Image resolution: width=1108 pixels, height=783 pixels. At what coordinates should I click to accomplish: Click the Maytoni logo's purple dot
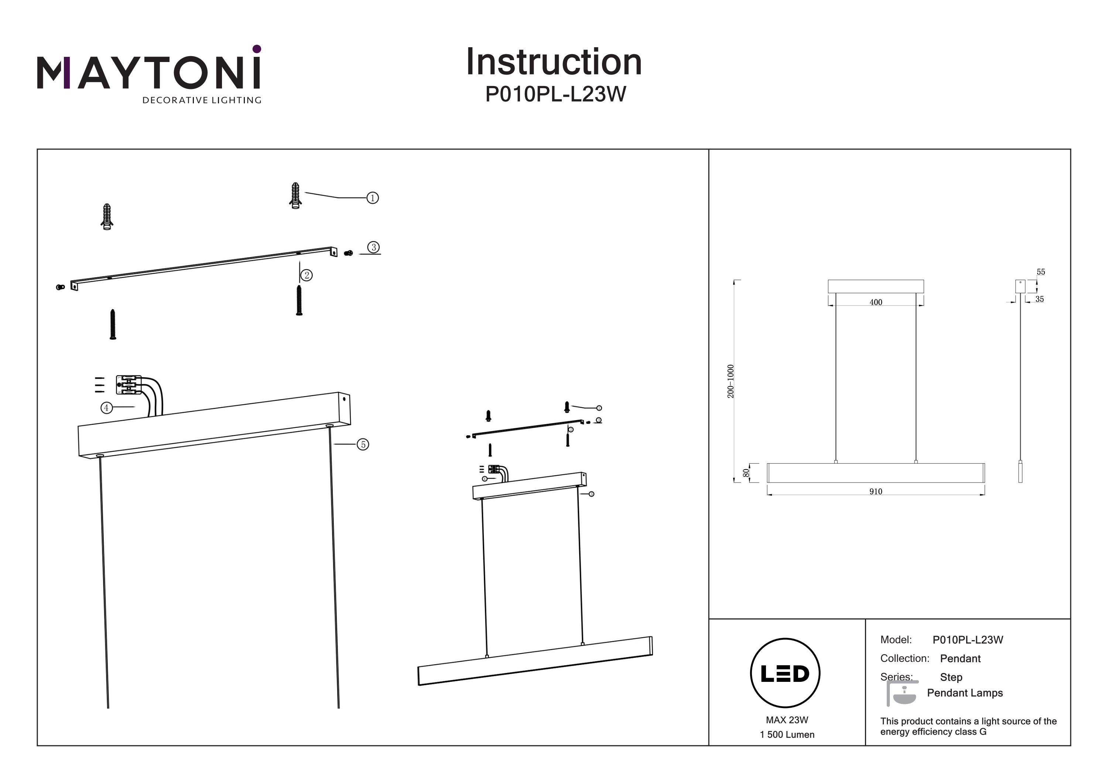[x=257, y=49]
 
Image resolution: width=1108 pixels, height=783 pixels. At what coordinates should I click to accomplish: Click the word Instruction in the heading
[x=554, y=62]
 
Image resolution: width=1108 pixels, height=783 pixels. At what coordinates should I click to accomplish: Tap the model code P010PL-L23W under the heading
[x=555, y=95]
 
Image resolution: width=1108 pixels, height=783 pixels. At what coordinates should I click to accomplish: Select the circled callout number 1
[x=373, y=198]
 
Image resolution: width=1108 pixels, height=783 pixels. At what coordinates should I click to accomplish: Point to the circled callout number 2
[x=307, y=275]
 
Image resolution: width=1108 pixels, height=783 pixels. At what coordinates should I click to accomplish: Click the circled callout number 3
[x=373, y=247]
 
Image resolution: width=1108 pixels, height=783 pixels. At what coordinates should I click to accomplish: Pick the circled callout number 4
[x=106, y=408]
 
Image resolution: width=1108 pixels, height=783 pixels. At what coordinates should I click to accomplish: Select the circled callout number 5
[x=363, y=444]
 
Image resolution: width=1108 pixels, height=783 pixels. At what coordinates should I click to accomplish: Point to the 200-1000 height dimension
[x=731, y=381]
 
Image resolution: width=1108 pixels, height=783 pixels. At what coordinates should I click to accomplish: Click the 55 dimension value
[x=1040, y=272]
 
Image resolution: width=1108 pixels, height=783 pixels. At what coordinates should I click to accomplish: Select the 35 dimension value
[x=1039, y=299]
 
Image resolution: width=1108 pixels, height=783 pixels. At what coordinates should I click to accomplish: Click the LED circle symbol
[x=785, y=673]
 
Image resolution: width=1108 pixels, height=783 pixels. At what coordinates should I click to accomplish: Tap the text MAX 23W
[x=787, y=720]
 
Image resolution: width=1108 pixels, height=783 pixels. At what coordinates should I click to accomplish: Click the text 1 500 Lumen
[x=787, y=735]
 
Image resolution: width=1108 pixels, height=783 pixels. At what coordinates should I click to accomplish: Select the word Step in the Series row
[x=951, y=677]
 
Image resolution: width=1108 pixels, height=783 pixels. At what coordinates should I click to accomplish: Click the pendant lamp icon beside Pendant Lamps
[x=902, y=694]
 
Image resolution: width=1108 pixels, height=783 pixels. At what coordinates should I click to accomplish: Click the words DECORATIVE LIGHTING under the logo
[x=202, y=100]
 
